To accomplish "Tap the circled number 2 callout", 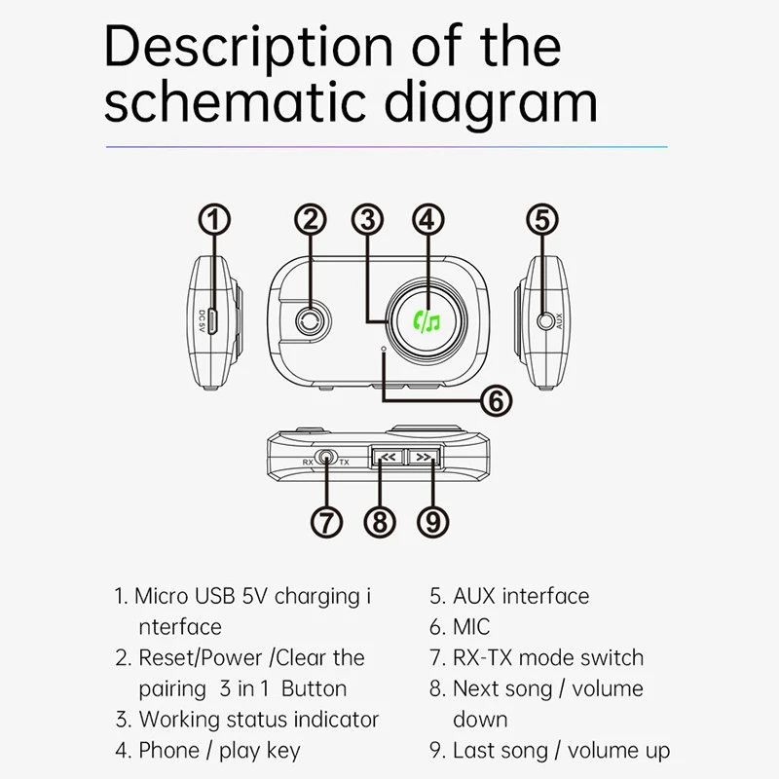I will [310, 219].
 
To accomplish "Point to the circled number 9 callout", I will [432, 521].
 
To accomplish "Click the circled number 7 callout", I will [327, 521].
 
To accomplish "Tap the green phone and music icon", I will [427, 318].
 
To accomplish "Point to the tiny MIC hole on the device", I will [385, 348].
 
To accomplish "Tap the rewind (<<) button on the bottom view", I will [387, 456].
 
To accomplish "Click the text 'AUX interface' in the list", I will [521, 596].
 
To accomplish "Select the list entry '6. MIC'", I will [460, 627].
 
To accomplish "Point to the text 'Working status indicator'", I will [258, 720].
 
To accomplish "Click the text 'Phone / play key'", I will [219, 751].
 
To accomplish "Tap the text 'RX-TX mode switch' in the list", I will [547, 658].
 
